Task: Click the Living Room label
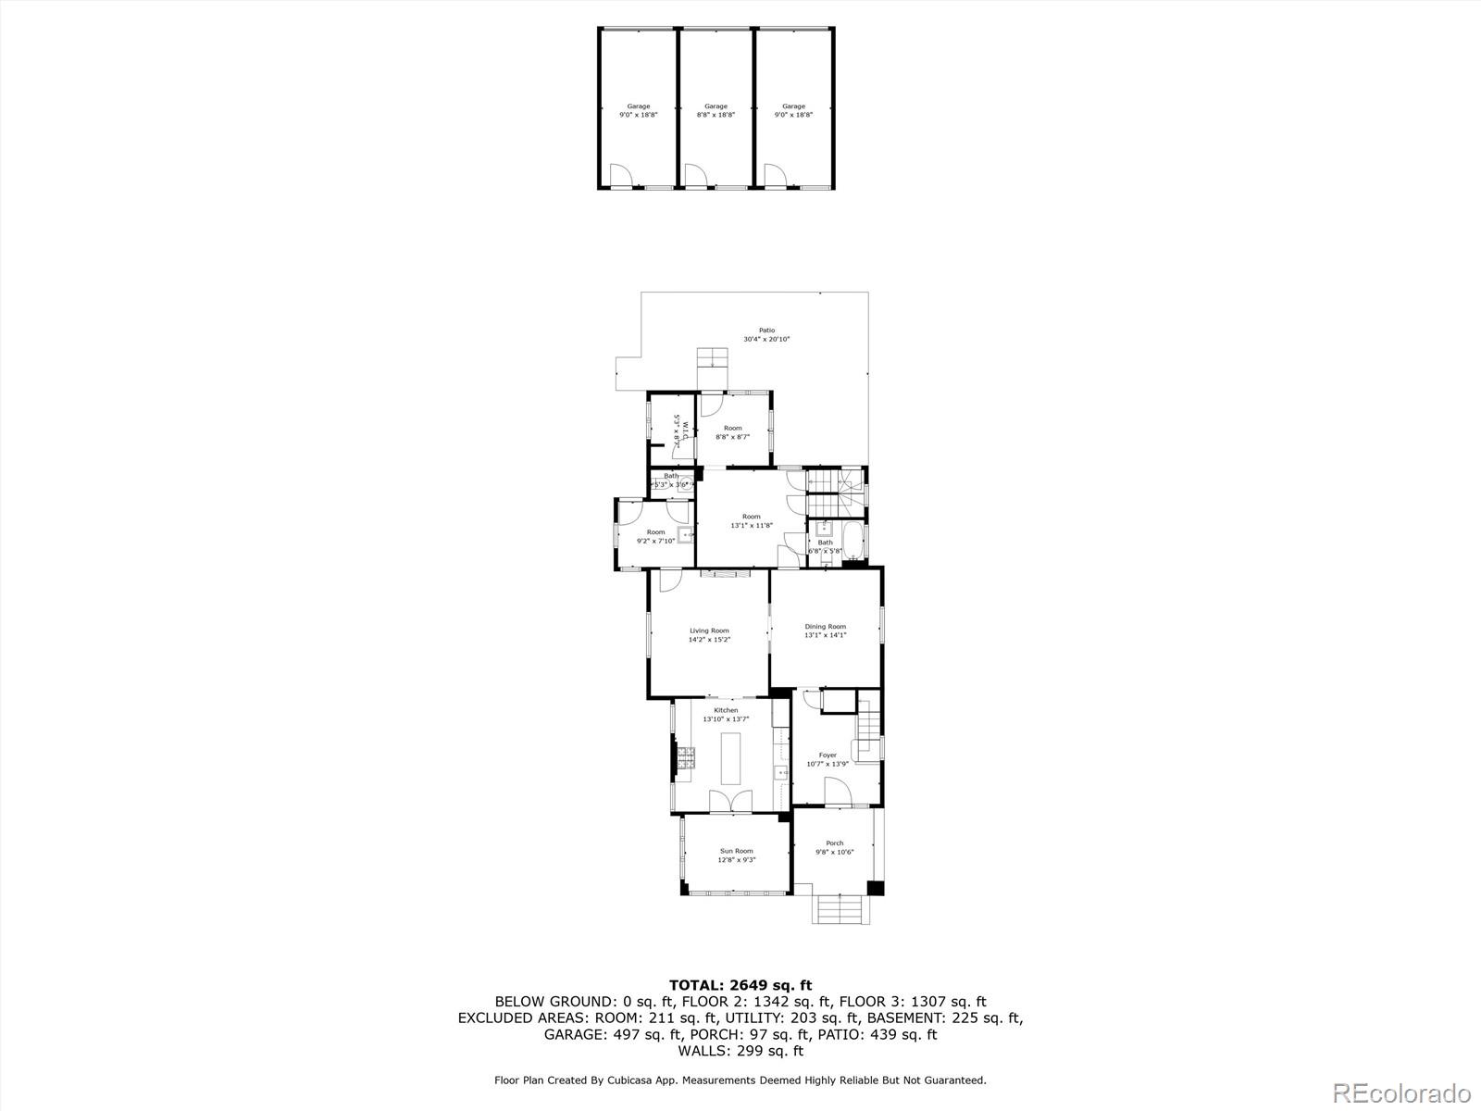click(709, 630)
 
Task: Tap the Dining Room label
click(825, 627)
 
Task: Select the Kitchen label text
click(726, 710)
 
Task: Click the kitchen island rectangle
click(731, 759)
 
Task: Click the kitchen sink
click(781, 771)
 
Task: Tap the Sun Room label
click(737, 851)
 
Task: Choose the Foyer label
click(827, 755)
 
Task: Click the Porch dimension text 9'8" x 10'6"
click(835, 853)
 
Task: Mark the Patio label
click(766, 330)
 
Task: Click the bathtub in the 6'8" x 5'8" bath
click(853, 541)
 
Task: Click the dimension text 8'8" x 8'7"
click(732, 436)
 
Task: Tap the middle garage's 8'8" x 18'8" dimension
click(716, 115)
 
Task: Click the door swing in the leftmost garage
click(620, 175)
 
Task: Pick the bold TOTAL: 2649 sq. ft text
click(740, 985)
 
